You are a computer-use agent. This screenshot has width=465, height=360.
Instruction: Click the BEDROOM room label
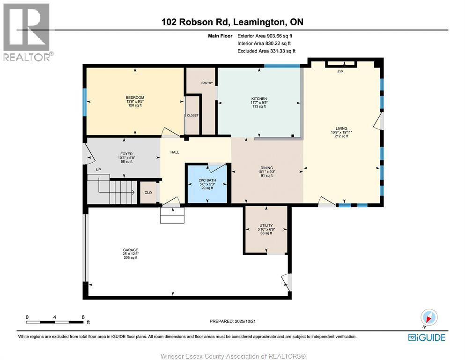click(x=135, y=97)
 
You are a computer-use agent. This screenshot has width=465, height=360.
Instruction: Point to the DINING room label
click(x=267, y=168)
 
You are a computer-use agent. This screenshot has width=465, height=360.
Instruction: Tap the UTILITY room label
click(x=266, y=225)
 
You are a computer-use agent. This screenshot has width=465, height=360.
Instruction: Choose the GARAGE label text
click(x=131, y=250)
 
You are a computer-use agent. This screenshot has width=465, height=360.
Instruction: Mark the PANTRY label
click(x=207, y=83)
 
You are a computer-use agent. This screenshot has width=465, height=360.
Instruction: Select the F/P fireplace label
click(x=340, y=72)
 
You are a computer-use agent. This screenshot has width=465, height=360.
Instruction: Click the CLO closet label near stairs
click(x=148, y=192)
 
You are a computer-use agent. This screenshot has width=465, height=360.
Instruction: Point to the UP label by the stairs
click(x=98, y=170)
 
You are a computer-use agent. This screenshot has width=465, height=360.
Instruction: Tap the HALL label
click(x=175, y=152)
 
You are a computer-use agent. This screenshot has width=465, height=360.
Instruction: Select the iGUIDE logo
click(x=427, y=337)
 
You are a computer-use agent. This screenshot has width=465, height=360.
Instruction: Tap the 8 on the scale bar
click(x=83, y=317)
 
